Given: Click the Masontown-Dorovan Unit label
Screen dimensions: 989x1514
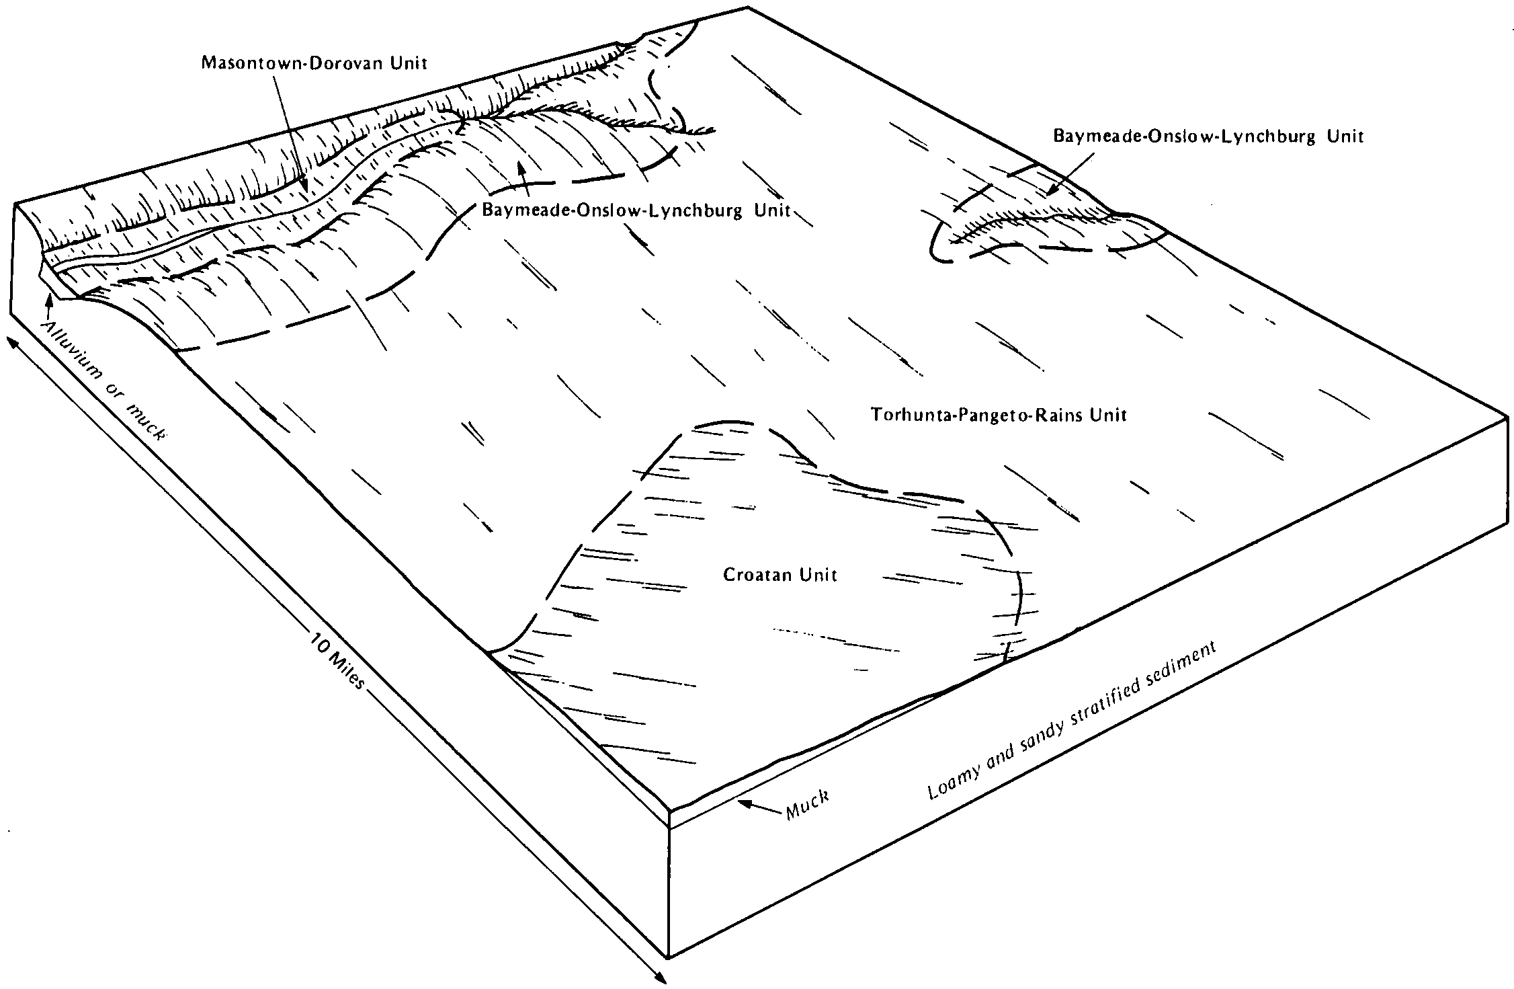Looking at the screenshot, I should pos(314,64).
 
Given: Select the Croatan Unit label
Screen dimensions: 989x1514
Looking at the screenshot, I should pos(780,576).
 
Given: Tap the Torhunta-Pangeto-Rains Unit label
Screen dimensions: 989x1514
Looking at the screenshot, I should pos(999,415).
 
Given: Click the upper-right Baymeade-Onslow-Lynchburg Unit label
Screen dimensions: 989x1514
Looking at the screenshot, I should pos(1209,136).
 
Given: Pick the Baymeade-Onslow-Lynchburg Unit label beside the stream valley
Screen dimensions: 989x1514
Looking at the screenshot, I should pos(636,210).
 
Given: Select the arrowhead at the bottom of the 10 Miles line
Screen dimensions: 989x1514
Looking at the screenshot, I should pos(661,980).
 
